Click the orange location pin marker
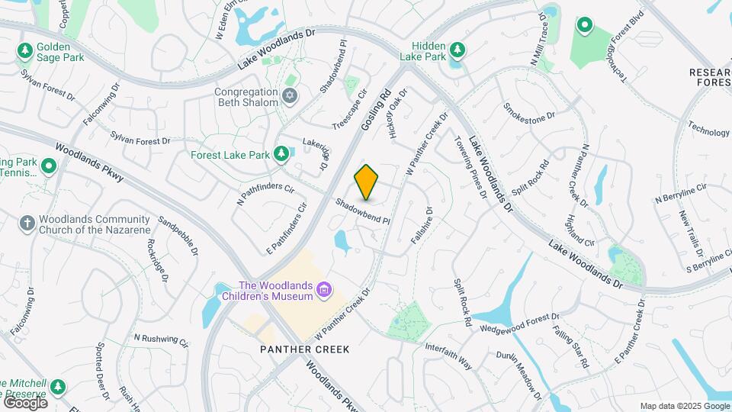(367, 181)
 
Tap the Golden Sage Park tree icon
(25, 50)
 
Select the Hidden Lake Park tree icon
(457, 50)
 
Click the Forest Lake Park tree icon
(281, 154)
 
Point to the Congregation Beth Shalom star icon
(288, 96)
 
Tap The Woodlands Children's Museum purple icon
(325, 290)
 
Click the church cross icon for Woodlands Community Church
(27, 223)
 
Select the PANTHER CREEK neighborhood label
(303, 349)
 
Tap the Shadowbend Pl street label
(363, 211)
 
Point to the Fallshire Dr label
(422, 226)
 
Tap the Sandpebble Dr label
(178, 236)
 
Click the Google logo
(24, 402)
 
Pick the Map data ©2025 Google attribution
(685, 406)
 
